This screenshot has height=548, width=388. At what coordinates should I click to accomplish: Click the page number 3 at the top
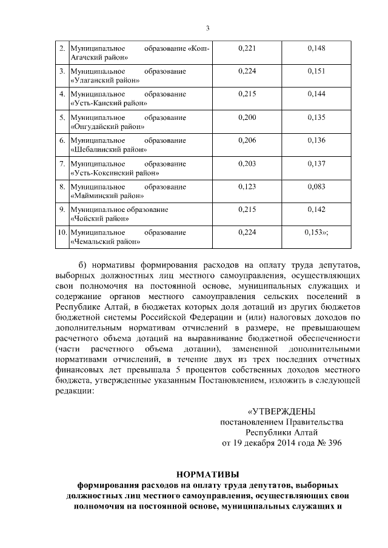207,28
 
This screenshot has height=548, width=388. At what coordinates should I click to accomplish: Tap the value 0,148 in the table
316,48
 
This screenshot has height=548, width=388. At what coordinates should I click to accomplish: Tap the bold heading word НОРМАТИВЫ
208,474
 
